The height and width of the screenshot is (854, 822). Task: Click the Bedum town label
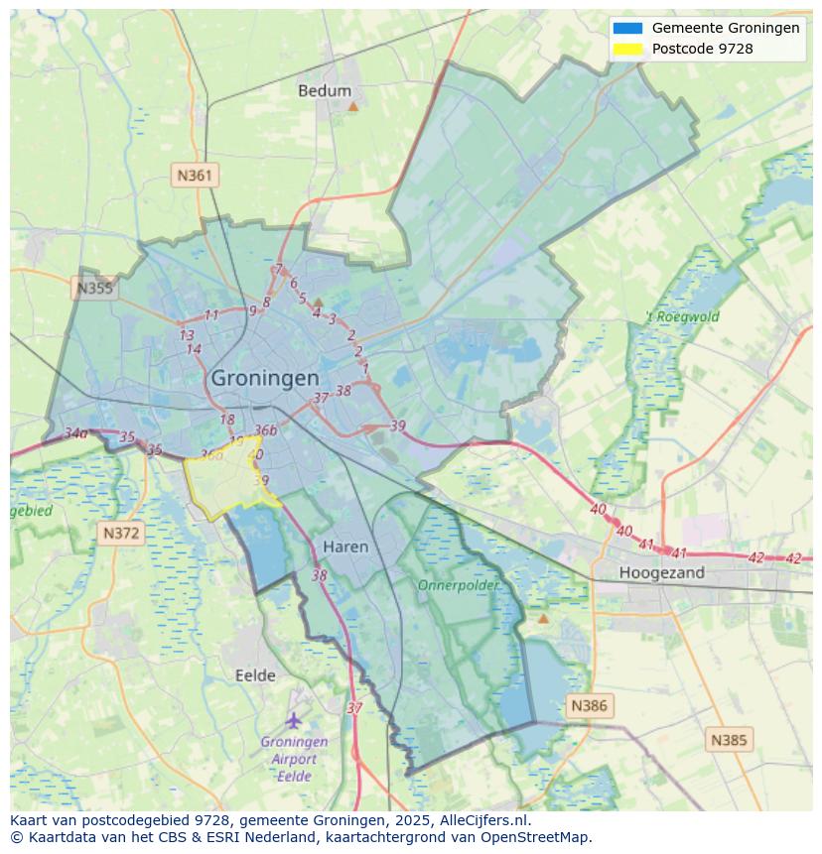pyautogui.click(x=325, y=91)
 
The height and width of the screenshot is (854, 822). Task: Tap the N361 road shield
pyautogui.click(x=194, y=176)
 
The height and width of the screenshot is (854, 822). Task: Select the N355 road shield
pyautogui.click(x=94, y=289)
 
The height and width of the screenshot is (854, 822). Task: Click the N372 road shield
pyautogui.click(x=121, y=533)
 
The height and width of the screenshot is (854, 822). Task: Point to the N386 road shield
pyautogui.click(x=588, y=705)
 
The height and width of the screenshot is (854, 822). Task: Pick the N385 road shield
pyautogui.click(x=730, y=739)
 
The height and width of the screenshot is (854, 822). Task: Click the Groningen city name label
pyautogui.click(x=265, y=378)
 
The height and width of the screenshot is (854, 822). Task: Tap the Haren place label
pyautogui.click(x=345, y=547)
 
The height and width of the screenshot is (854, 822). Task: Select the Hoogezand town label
pyautogui.click(x=661, y=572)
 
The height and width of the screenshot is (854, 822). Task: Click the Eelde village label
pyautogui.click(x=255, y=675)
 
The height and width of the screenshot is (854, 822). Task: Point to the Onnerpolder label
pyautogui.click(x=458, y=585)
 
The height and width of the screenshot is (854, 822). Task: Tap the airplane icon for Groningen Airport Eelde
pyautogui.click(x=293, y=719)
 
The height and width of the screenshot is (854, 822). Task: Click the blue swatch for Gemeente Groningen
pyautogui.click(x=627, y=28)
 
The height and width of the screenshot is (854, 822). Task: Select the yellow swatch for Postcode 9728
pyautogui.click(x=627, y=48)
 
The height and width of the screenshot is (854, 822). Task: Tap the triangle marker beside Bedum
pyautogui.click(x=352, y=103)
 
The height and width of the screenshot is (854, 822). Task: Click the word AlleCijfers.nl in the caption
pyautogui.click(x=486, y=820)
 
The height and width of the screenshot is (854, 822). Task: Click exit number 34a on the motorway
pyautogui.click(x=76, y=433)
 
